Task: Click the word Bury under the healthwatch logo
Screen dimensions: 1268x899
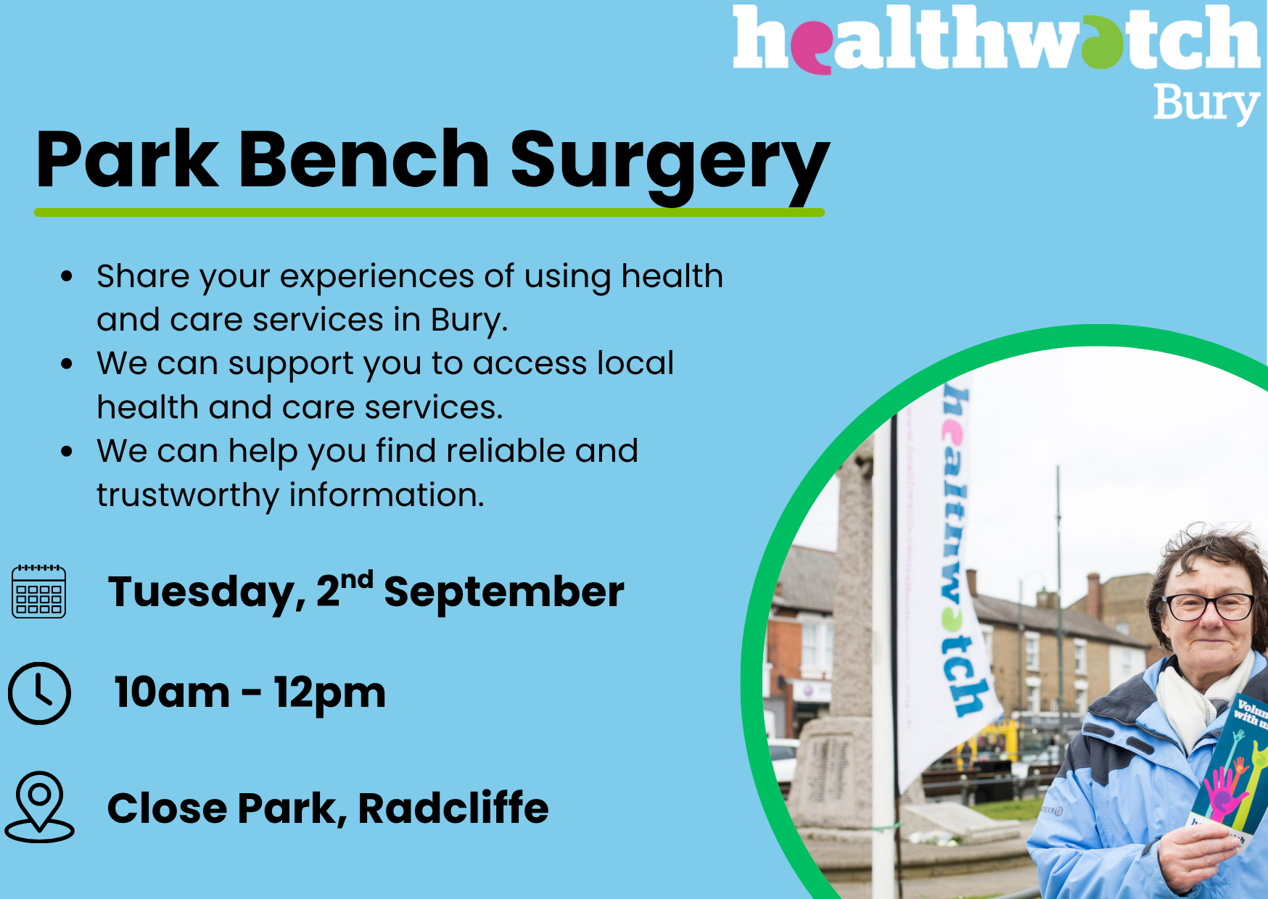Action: click(x=1206, y=104)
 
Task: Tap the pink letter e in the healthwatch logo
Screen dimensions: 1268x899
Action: click(x=812, y=48)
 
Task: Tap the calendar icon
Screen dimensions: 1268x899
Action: click(x=39, y=591)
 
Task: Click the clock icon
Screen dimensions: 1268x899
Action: click(x=39, y=692)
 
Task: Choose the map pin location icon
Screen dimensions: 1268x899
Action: click(x=39, y=806)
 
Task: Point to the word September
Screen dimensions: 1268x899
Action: click(x=503, y=593)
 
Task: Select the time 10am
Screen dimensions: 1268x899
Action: click(x=172, y=692)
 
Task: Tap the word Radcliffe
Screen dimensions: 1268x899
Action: click(x=453, y=808)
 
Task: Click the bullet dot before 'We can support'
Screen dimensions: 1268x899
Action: click(x=67, y=363)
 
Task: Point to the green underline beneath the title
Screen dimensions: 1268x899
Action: click(x=429, y=212)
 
